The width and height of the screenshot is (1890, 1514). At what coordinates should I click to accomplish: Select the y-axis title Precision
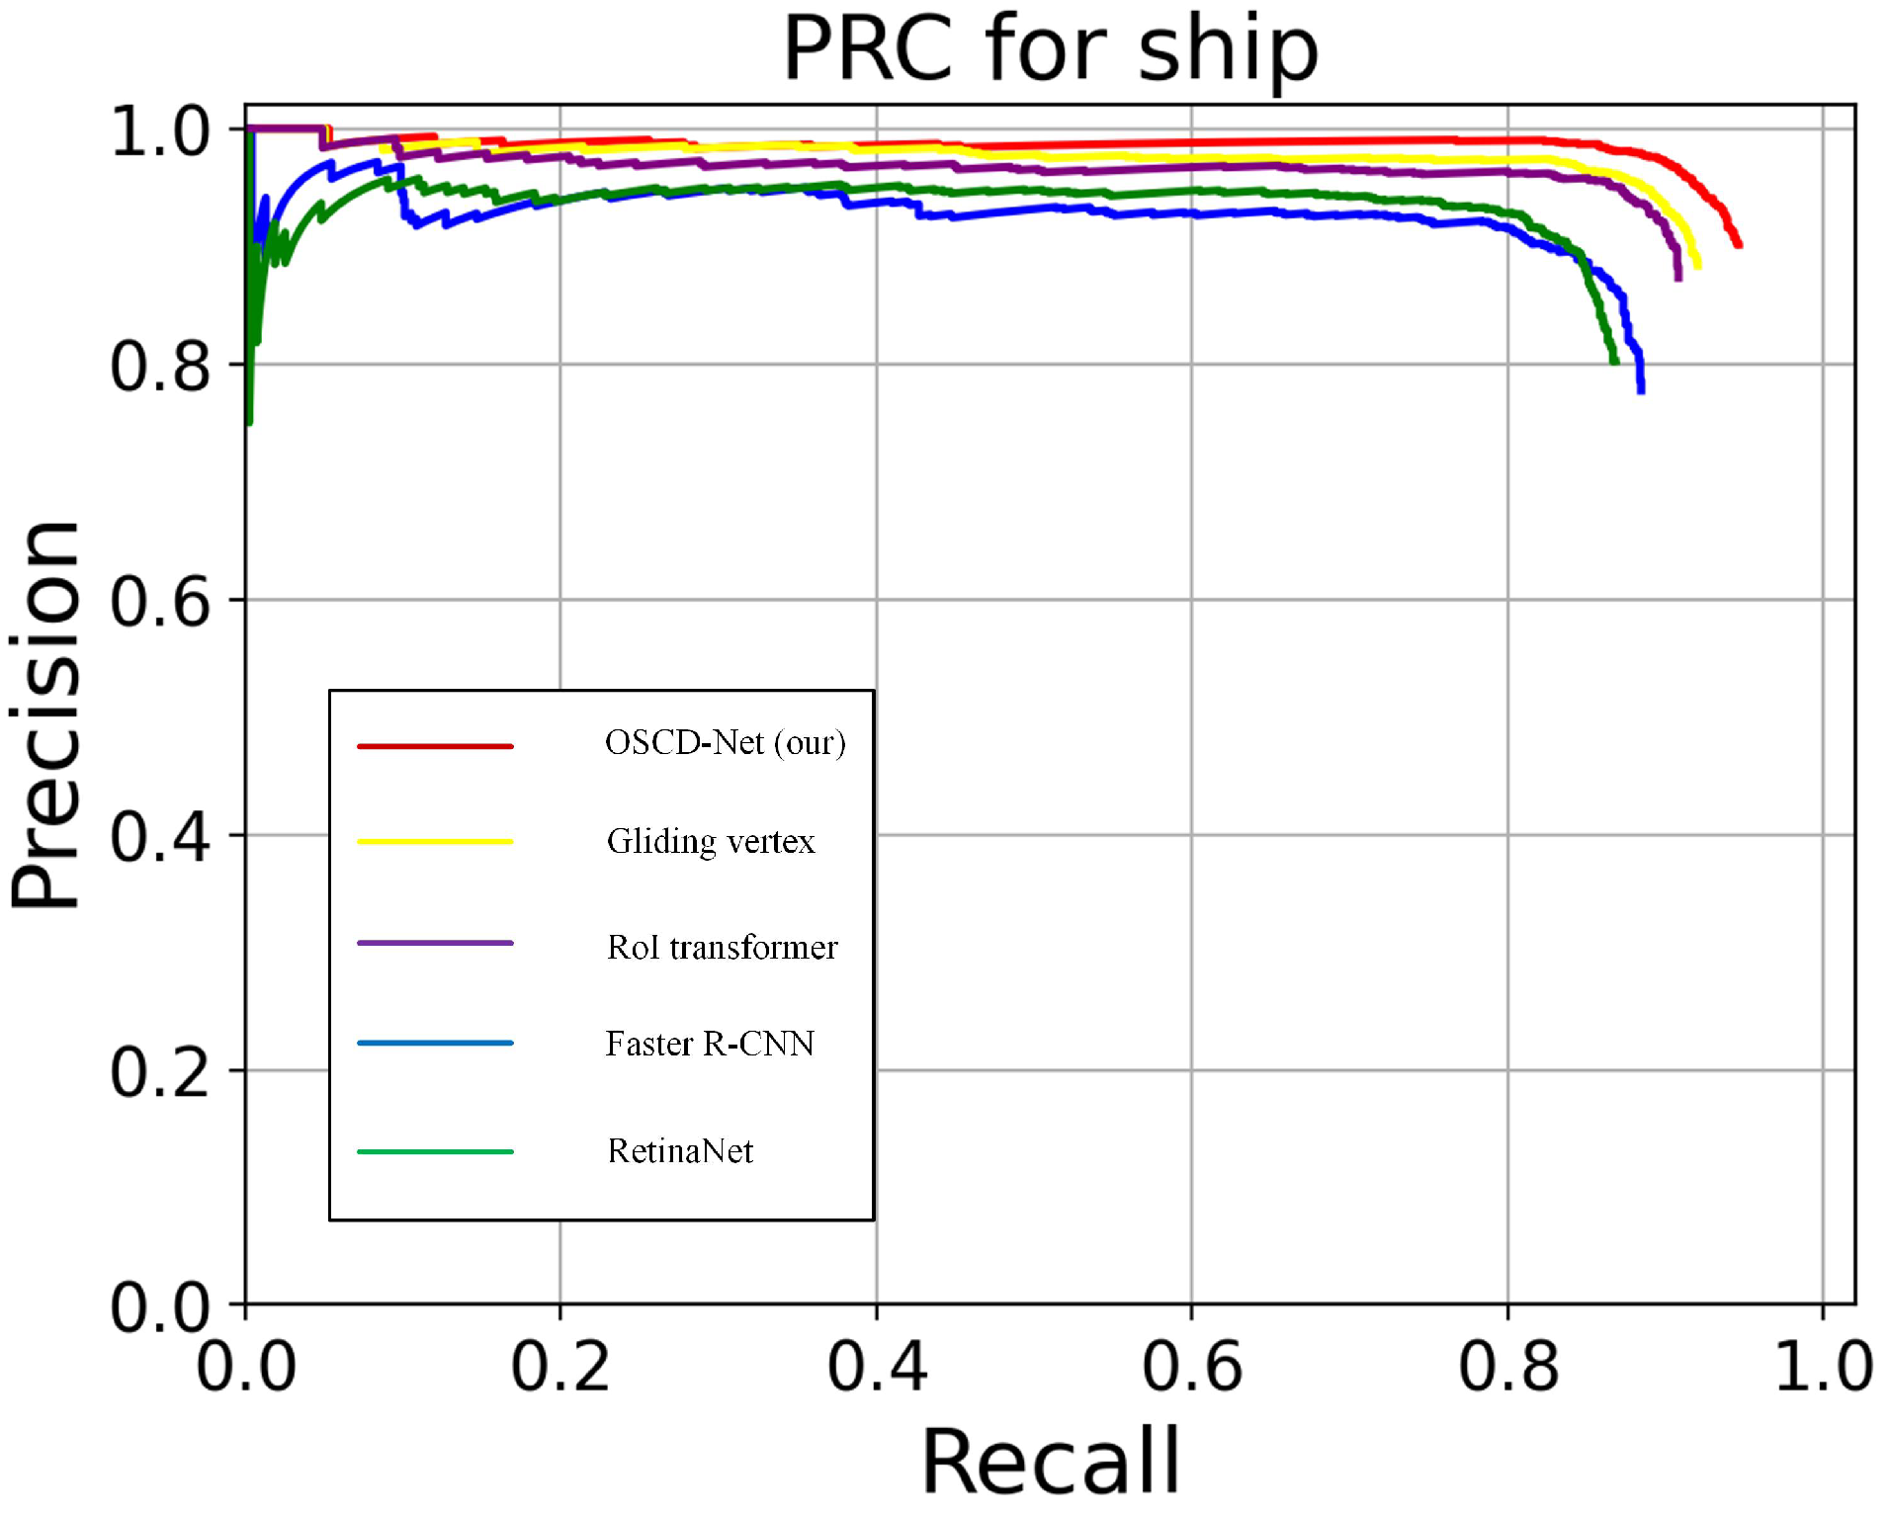click(45, 714)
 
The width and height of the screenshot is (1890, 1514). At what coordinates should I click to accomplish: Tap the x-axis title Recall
click(1050, 1461)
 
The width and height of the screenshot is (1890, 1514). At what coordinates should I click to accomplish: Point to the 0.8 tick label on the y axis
click(160, 367)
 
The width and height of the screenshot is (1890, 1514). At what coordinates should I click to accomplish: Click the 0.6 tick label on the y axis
click(160, 601)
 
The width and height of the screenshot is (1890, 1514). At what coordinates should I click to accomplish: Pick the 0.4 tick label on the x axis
click(876, 1368)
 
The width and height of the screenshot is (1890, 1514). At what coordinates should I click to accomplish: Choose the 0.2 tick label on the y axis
click(160, 1072)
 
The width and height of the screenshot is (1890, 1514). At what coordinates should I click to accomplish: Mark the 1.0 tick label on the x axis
click(1823, 1368)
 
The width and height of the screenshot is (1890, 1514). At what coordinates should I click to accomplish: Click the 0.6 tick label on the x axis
click(1191, 1368)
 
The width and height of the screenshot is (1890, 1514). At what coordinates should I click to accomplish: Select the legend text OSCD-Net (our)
click(725, 742)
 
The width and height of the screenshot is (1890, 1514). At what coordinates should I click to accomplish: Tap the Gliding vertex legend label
click(711, 841)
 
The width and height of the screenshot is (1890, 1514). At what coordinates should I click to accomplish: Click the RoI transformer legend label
click(722, 947)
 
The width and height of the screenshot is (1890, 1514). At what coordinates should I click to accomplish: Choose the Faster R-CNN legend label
click(710, 1044)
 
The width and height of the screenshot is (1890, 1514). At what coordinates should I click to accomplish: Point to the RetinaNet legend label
click(680, 1151)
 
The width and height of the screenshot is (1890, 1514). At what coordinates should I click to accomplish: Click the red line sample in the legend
click(435, 745)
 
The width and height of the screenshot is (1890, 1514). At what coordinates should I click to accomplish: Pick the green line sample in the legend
click(435, 1151)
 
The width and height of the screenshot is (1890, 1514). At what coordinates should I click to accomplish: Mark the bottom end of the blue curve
click(1641, 390)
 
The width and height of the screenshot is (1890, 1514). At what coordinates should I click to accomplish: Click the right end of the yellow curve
click(1697, 265)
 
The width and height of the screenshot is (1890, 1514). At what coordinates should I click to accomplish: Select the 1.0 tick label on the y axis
click(160, 131)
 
